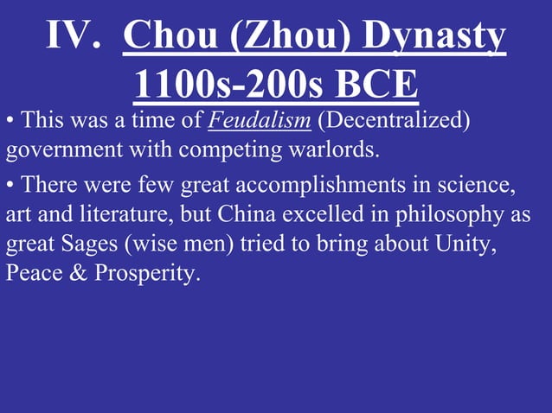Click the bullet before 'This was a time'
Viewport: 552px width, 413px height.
coord(10,122)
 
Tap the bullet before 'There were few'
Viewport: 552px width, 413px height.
coord(10,185)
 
